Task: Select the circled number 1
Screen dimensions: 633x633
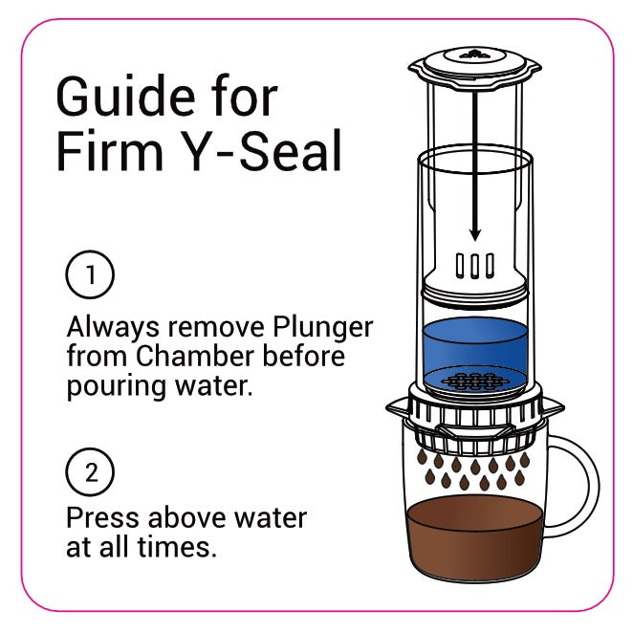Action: click(x=90, y=274)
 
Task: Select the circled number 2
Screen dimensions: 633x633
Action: click(x=90, y=471)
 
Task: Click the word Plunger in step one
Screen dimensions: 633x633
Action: click(x=322, y=328)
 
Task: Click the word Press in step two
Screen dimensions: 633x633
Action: click(x=102, y=517)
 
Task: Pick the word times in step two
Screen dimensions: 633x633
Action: click(x=173, y=547)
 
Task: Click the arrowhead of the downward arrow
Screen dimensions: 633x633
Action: click(x=475, y=234)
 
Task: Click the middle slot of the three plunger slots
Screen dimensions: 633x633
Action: click(x=475, y=266)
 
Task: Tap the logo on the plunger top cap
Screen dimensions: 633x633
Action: click(x=475, y=55)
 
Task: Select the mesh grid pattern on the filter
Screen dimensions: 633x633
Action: click(x=475, y=382)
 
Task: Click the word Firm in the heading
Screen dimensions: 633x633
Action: click(x=110, y=150)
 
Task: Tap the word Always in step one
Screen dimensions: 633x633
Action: click(x=113, y=328)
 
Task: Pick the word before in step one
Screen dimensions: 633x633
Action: click(x=304, y=356)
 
